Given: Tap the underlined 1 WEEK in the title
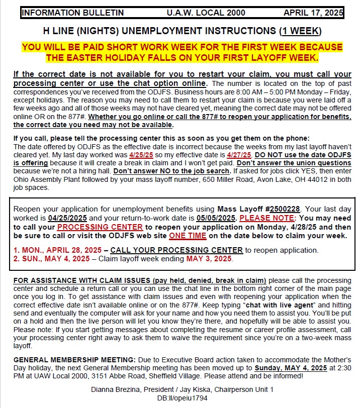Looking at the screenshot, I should click(300, 31).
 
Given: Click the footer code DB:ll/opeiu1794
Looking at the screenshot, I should click(181, 397).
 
